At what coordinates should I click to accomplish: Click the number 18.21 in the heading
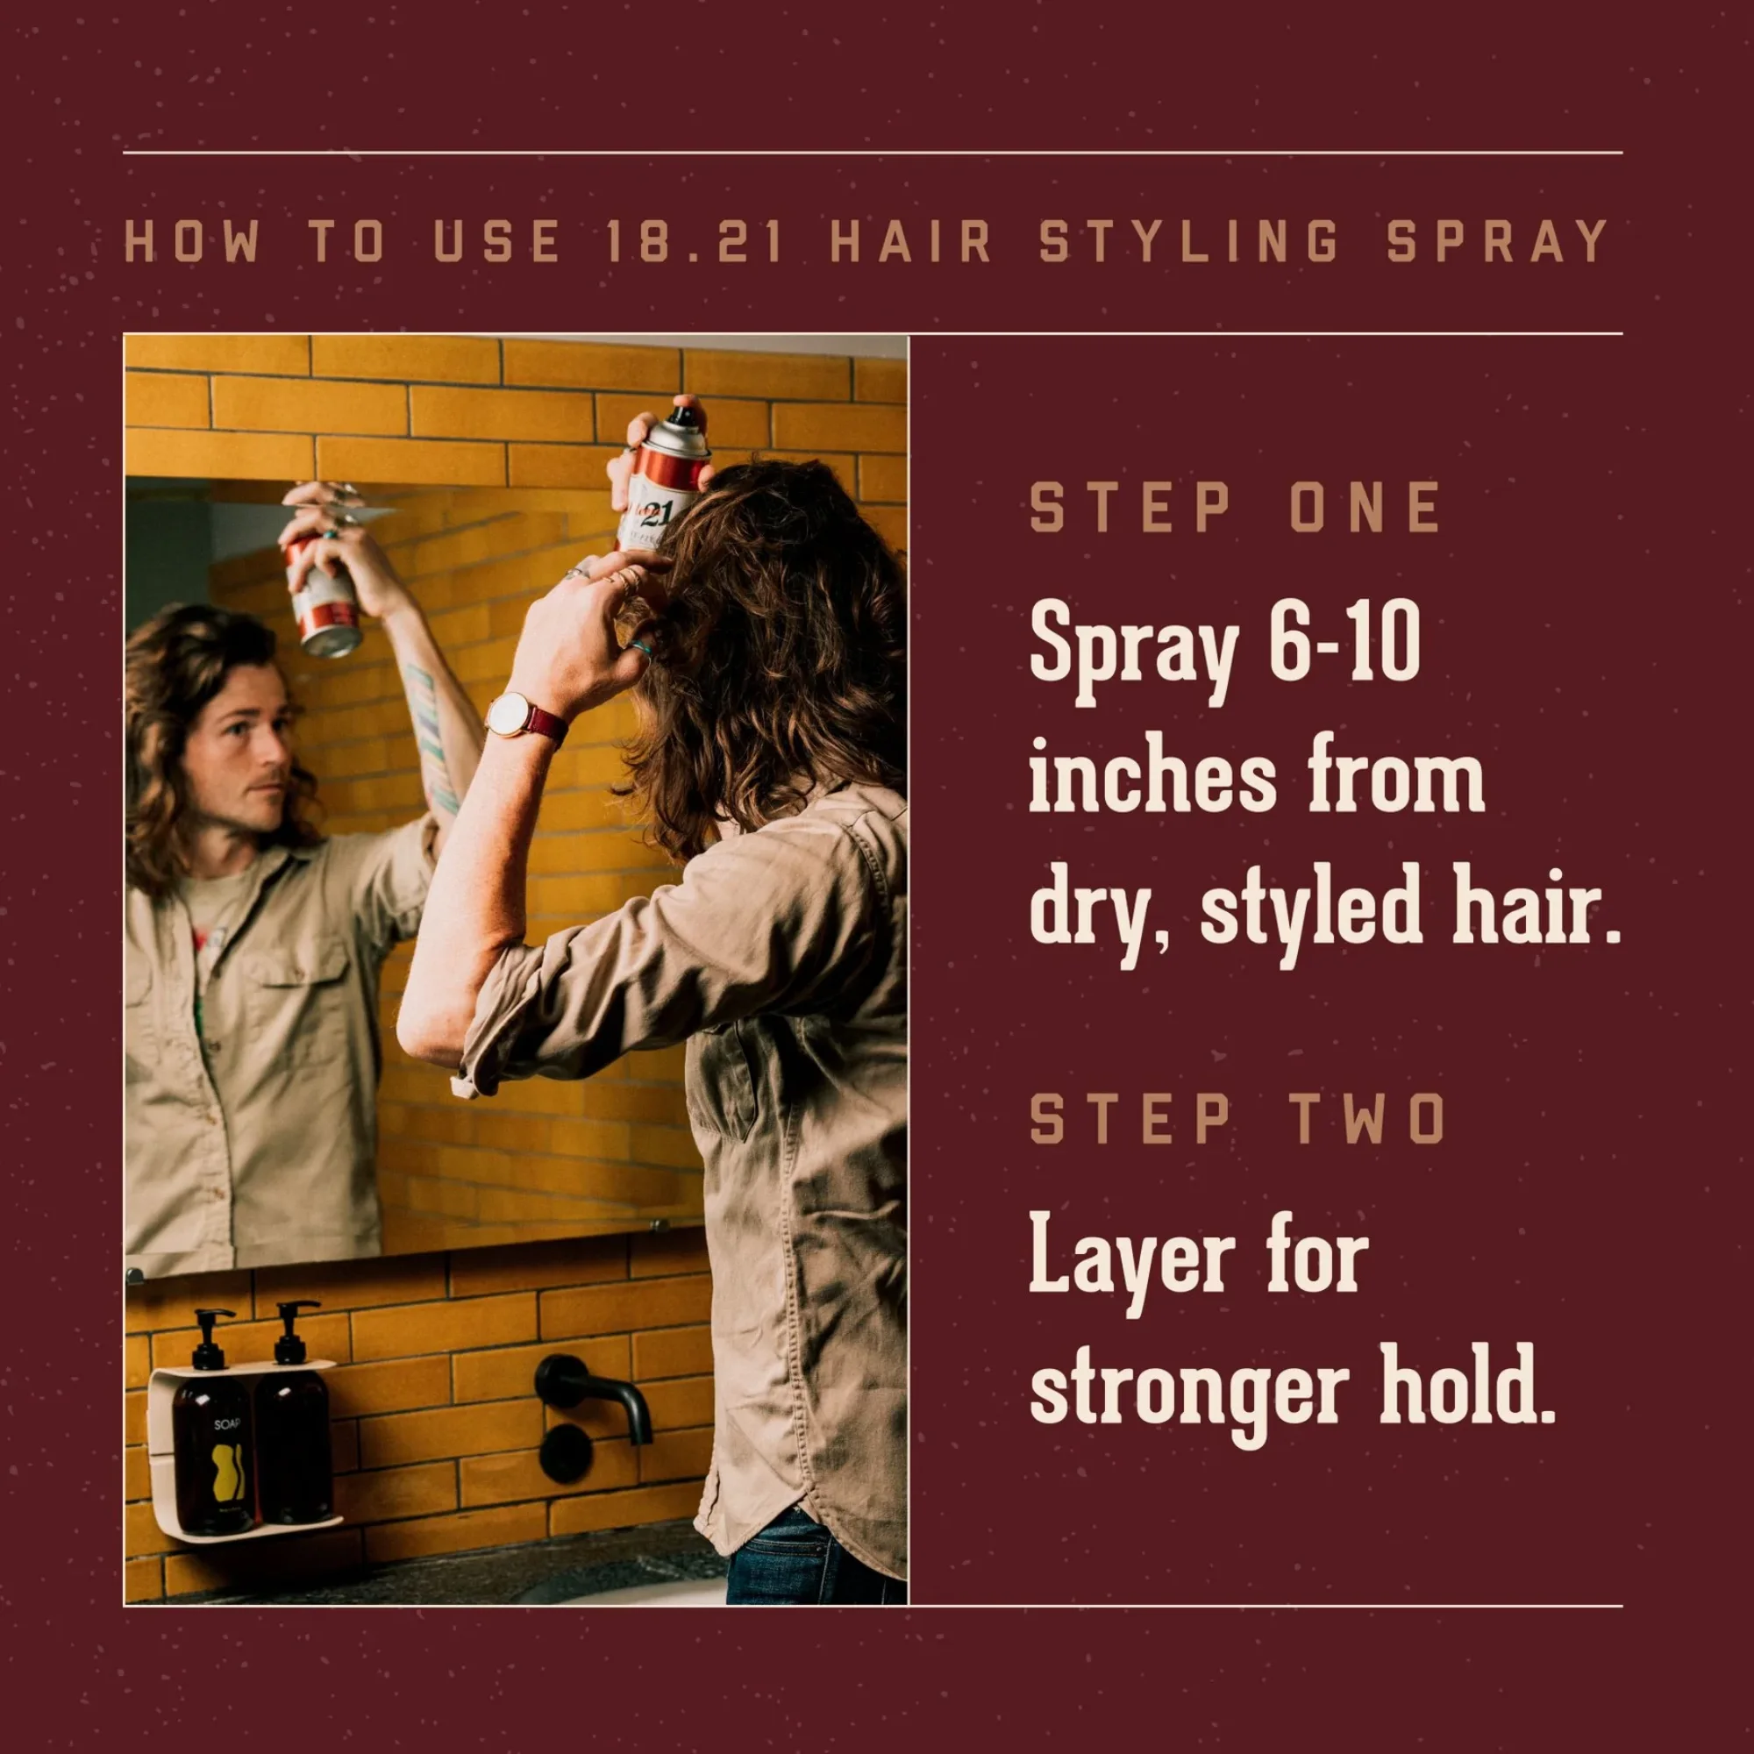click(692, 242)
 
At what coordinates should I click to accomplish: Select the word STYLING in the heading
click(1190, 242)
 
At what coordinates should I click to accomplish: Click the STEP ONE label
click(1235, 508)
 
